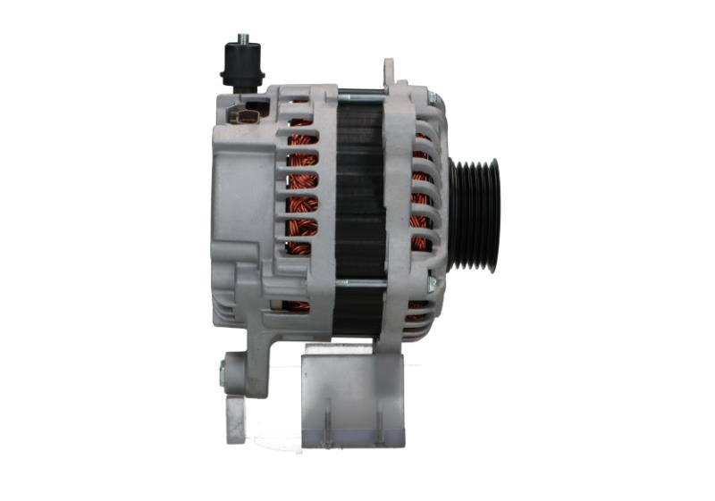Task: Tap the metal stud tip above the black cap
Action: pos(242,38)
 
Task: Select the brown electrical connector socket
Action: pos(244,116)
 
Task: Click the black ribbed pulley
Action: pos(474,213)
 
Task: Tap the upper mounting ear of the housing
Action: pos(389,71)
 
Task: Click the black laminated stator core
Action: pos(359,188)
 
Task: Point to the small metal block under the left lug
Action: pos(235,420)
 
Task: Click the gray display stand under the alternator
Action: pos(353,393)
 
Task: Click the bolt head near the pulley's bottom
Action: pos(431,285)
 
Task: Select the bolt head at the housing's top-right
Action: pos(430,96)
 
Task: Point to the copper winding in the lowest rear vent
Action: pos(296,305)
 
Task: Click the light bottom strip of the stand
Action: pos(353,438)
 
